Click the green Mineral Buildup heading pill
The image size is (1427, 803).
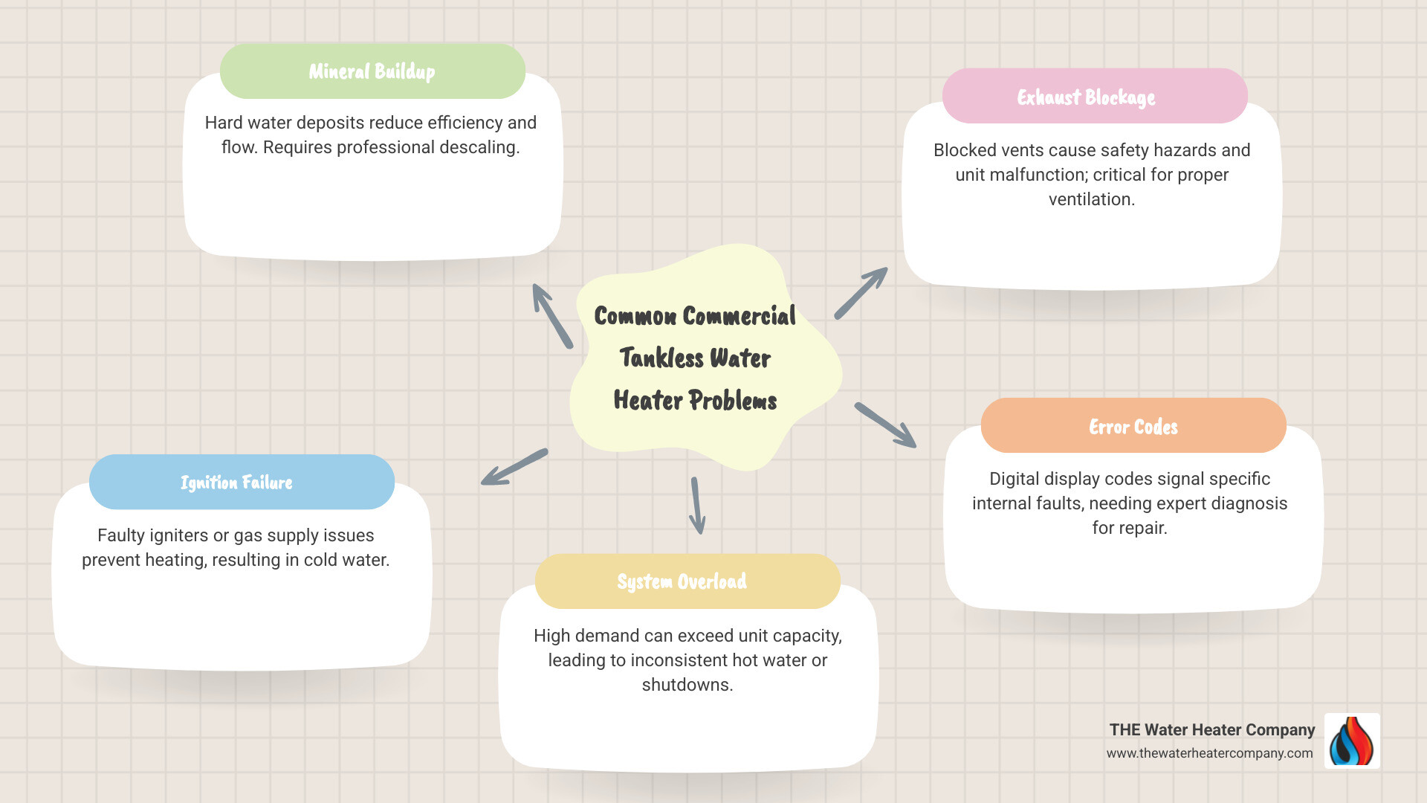(x=372, y=71)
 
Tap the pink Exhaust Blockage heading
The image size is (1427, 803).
(x=1095, y=96)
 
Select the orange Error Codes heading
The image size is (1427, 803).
(x=1133, y=425)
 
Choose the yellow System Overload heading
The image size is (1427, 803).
(x=687, y=581)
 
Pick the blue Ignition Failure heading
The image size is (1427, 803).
(x=242, y=482)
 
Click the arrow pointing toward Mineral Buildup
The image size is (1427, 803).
(x=552, y=315)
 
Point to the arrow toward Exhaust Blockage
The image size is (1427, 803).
(x=861, y=293)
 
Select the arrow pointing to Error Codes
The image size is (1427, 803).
(x=885, y=425)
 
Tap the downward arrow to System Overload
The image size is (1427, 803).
(x=697, y=506)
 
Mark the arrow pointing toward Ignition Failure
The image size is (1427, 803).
(x=514, y=467)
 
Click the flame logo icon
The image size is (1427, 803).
(x=1352, y=741)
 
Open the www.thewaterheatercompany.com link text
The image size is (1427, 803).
(x=1209, y=753)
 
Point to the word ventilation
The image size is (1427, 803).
(x=1091, y=199)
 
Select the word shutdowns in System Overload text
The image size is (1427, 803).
(x=687, y=685)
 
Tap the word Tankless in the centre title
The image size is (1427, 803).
(x=661, y=358)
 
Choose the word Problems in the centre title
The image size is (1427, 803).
(x=733, y=401)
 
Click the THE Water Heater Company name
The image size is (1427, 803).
(x=1212, y=730)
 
